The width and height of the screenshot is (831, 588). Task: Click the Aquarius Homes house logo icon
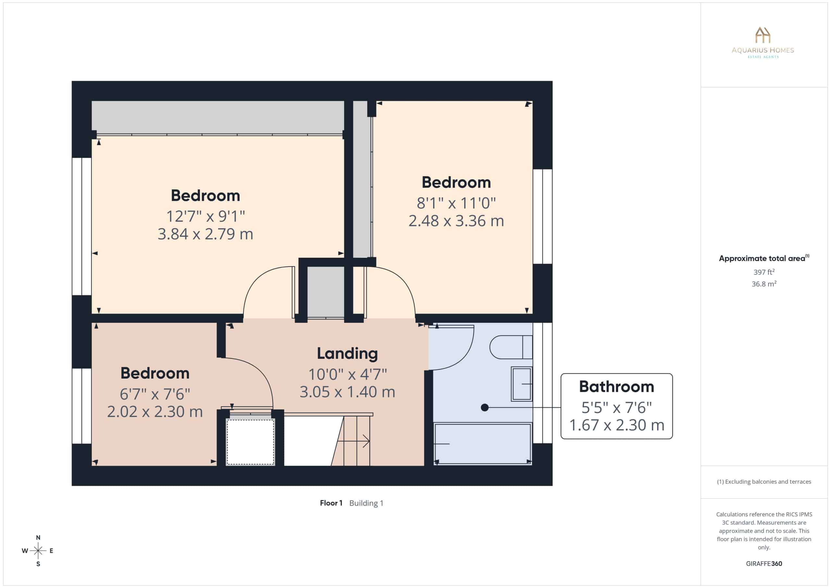click(763, 35)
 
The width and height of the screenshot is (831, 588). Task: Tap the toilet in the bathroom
click(511, 347)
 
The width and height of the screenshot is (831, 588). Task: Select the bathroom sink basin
click(522, 384)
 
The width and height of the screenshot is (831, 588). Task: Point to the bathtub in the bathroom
click(483, 444)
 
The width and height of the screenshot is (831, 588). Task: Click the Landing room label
click(347, 353)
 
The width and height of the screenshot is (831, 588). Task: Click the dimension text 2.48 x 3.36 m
click(456, 220)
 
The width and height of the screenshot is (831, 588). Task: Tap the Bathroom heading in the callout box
click(617, 387)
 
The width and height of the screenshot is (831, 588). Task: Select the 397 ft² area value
click(764, 271)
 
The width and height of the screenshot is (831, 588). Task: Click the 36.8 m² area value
click(764, 284)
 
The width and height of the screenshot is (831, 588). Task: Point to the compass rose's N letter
click(38, 538)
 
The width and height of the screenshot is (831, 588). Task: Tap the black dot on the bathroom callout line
click(485, 408)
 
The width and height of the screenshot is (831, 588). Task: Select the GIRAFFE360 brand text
click(764, 564)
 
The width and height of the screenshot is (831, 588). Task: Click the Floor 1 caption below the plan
click(331, 503)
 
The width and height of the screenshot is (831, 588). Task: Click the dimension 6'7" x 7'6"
click(155, 394)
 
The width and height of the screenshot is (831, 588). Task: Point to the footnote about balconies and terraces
click(764, 482)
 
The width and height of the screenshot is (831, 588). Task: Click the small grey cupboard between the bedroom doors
click(326, 292)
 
